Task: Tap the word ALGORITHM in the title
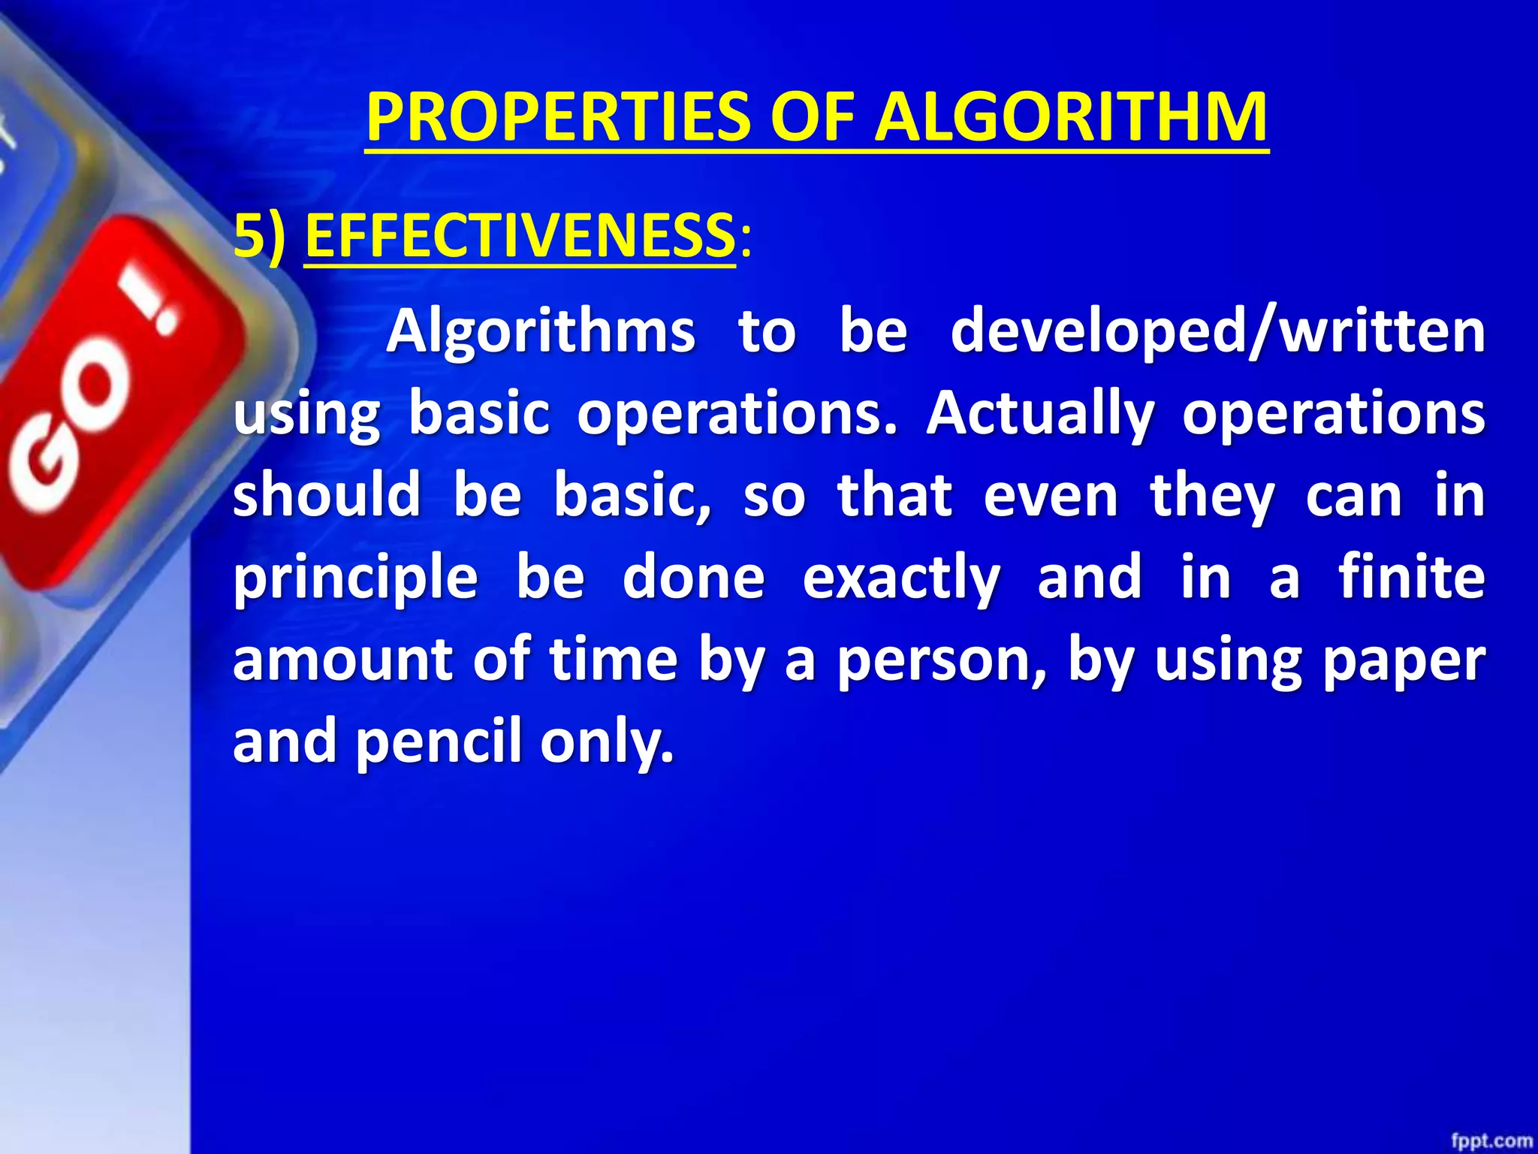(1072, 118)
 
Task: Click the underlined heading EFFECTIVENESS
(520, 237)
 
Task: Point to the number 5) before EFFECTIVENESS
(260, 237)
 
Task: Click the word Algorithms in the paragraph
(541, 332)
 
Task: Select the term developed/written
(1217, 332)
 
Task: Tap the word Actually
(1039, 414)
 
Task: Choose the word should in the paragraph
(327, 496)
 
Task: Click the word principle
(355, 579)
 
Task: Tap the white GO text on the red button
(71, 428)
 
